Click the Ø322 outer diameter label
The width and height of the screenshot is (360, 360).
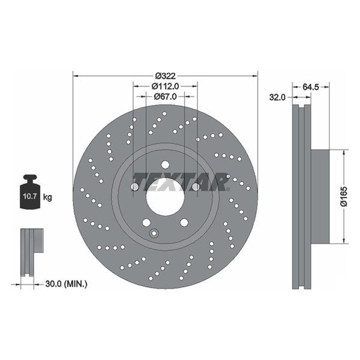pyautogui.click(x=165, y=76)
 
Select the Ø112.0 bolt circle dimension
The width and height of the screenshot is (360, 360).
pyautogui.click(x=165, y=86)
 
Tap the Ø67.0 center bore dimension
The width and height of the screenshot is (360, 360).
pyautogui.click(x=165, y=97)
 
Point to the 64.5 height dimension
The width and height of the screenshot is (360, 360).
pyautogui.click(x=311, y=87)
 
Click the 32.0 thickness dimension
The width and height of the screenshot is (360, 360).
pyautogui.click(x=277, y=98)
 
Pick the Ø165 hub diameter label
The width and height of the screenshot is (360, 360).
pyautogui.click(x=344, y=197)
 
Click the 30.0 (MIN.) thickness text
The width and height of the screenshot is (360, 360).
pyautogui.click(x=66, y=284)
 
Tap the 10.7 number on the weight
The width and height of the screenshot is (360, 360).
pyautogui.click(x=30, y=197)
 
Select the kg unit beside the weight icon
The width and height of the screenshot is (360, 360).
pyautogui.click(x=47, y=197)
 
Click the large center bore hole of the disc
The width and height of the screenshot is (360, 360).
pyautogui.click(x=165, y=197)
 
